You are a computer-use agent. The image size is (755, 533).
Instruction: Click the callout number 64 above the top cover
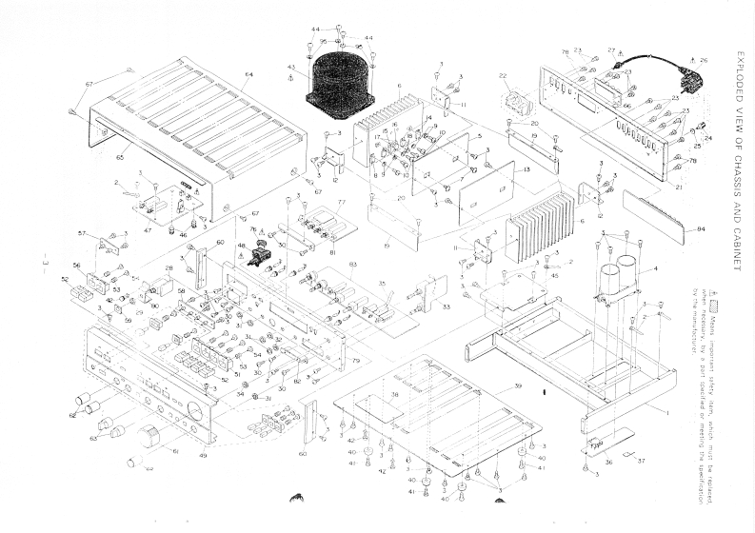click(248, 74)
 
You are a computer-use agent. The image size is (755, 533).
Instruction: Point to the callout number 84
click(701, 229)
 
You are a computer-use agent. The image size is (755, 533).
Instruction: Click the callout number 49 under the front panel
click(203, 456)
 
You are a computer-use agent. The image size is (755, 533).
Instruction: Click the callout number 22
click(502, 76)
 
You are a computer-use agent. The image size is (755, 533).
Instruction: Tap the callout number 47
click(148, 230)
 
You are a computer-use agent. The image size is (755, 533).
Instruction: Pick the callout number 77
click(341, 203)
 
